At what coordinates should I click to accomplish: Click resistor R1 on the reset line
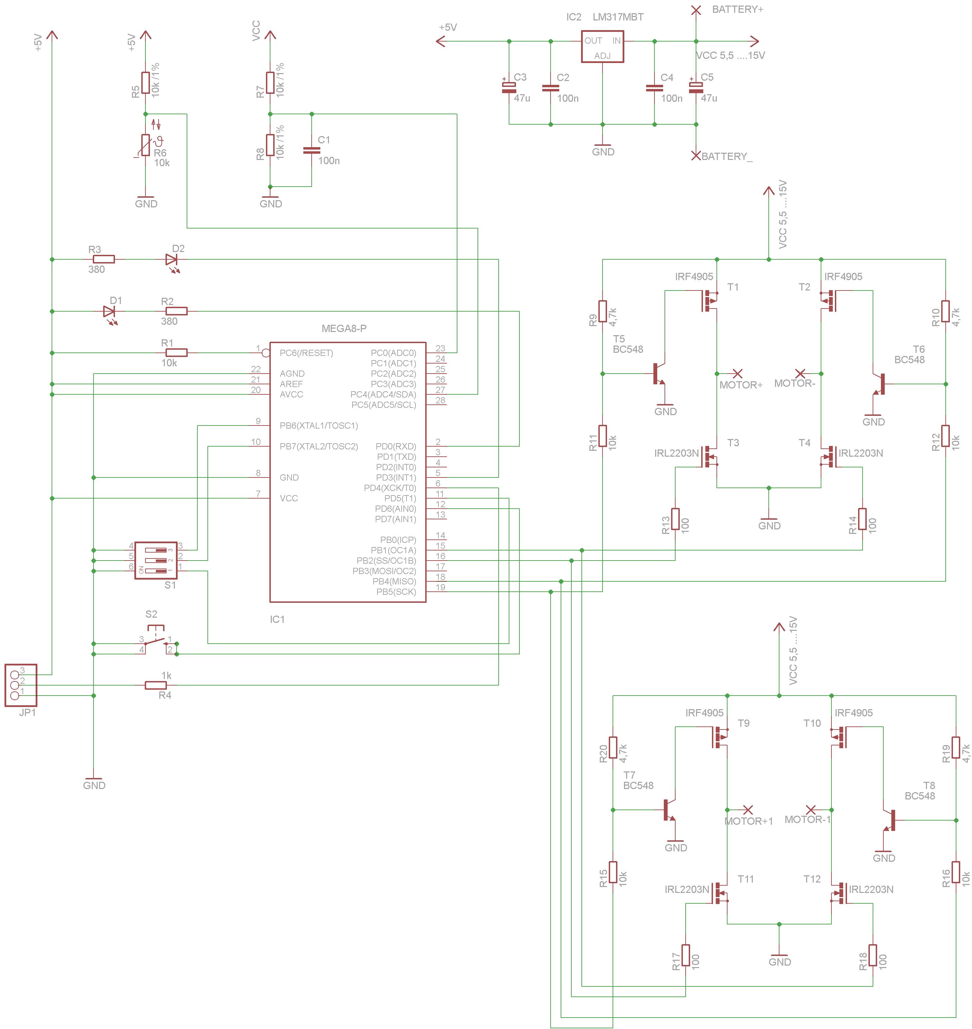pyautogui.click(x=176, y=353)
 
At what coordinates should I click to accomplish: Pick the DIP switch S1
pyautogui.click(x=155, y=560)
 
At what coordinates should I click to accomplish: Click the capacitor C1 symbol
pyautogui.click(x=311, y=150)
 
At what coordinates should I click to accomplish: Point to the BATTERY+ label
pyautogui.click(x=737, y=9)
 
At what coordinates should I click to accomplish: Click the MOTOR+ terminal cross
pyautogui.click(x=737, y=373)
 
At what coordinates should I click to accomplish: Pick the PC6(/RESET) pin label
pyautogui.click(x=306, y=353)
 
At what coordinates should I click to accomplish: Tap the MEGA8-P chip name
pyautogui.click(x=344, y=329)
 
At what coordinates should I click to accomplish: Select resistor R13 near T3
pyautogui.click(x=675, y=519)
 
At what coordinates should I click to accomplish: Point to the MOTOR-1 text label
pyautogui.click(x=807, y=819)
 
